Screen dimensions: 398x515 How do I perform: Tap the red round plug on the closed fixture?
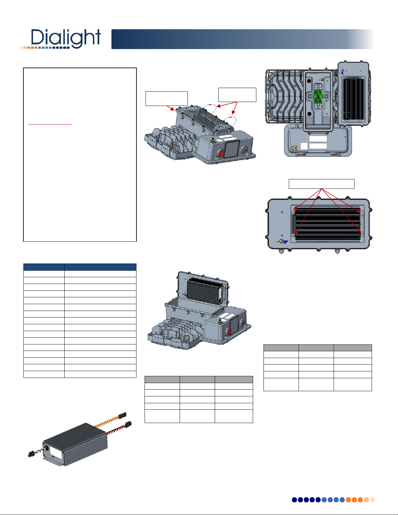coord(221,153)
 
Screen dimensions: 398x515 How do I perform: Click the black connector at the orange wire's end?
coord(122,415)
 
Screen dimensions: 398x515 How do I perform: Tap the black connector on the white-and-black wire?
coord(31,454)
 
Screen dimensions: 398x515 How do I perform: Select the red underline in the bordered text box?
coord(50,124)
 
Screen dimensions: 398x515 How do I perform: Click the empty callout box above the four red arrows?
coord(321,184)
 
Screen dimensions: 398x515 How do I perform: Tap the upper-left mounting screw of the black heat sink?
coord(293,213)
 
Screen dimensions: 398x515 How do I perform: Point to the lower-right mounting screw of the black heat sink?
coord(363,233)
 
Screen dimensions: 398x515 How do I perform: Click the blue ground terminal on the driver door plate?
coord(286,241)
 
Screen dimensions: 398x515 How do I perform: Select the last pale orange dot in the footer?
coord(372,500)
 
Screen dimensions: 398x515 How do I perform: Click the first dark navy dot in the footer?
coord(294,500)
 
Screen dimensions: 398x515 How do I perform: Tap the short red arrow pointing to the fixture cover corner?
coord(171,108)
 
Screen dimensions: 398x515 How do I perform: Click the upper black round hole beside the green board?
coord(309,81)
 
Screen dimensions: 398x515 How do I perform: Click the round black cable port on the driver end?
coord(46,448)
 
